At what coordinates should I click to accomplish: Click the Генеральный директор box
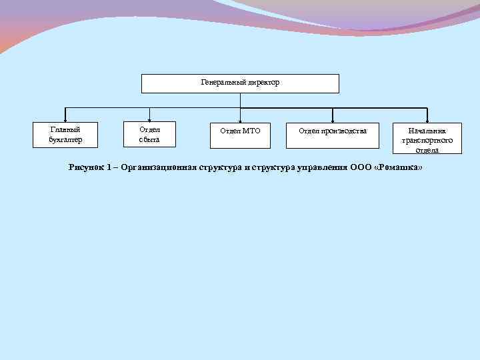(240, 83)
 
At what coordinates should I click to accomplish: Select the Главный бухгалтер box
(66, 135)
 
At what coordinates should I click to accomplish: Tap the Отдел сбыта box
(149, 135)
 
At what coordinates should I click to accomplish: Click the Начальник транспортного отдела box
(427, 138)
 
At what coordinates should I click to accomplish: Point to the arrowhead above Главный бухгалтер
(65, 120)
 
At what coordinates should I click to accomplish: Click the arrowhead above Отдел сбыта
(149, 120)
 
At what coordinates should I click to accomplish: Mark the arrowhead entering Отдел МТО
(240, 120)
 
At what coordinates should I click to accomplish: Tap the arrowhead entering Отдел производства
(333, 120)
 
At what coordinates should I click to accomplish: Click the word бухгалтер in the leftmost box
(66, 140)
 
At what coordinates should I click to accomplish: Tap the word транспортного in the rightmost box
(427, 141)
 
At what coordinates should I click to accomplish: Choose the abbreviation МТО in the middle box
(251, 131)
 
